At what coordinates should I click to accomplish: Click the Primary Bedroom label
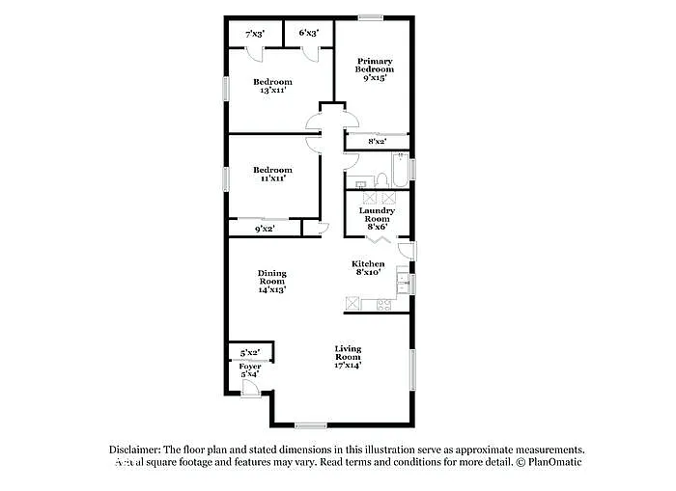click(374, 65)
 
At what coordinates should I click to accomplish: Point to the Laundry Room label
click(377, 214)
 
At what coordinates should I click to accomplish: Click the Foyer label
click(250, 367)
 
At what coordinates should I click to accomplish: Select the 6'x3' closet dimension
click(309, 33)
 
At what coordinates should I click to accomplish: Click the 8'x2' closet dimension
click(377, 141)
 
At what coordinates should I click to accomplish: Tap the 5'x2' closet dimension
click(250, 352)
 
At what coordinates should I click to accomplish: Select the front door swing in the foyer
click(250, 388)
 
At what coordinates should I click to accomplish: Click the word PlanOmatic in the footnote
click(556, 463)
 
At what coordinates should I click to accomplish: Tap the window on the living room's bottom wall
click(310, 425)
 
